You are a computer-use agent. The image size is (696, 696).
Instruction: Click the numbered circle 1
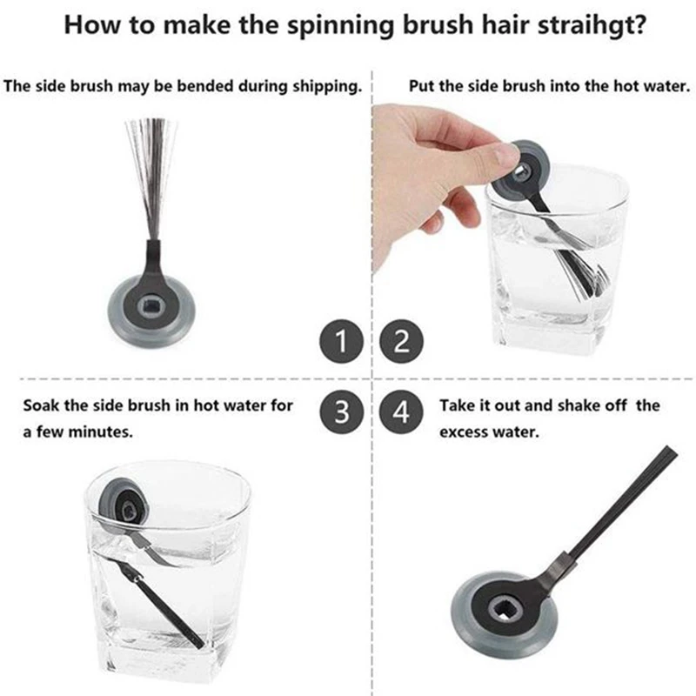click(341, 341)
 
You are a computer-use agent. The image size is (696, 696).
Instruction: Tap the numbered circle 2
click(401, 341)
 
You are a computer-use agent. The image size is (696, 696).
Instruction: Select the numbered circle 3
click(341, 412)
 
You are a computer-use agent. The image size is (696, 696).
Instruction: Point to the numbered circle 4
click(401, 412)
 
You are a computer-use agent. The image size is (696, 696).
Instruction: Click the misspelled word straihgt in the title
click(592, 25)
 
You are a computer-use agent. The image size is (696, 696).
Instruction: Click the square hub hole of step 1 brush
click(151, 306)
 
